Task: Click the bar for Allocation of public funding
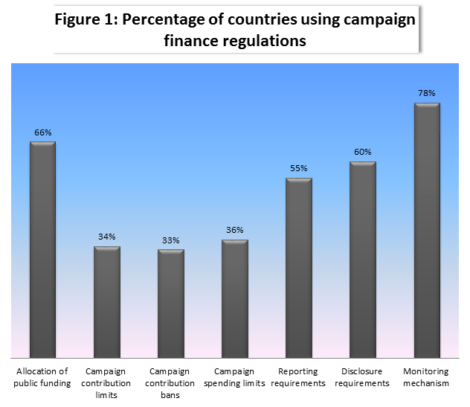(x=42, y=249)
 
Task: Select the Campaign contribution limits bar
(x=107, y=301)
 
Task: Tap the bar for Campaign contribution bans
(x=171, y=303)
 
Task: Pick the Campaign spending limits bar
(x=235, y=298)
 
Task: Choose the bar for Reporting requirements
(x=299, y=268)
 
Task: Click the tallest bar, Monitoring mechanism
(x=427, y=230)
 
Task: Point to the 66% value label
(x=42, y=132)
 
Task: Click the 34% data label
(x=107, y=237)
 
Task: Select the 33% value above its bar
(x=171, y=240)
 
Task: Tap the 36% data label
(x=235, y=230)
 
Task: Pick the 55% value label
(x=299, y=168)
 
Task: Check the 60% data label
(x=363, y=152)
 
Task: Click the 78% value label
(x=427, y=93)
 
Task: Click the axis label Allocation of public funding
(x=42, y=377)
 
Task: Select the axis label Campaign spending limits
(x=235, y=377)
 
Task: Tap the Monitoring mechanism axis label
(x=427, y=377)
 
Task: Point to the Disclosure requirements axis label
(x=363, y=377)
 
